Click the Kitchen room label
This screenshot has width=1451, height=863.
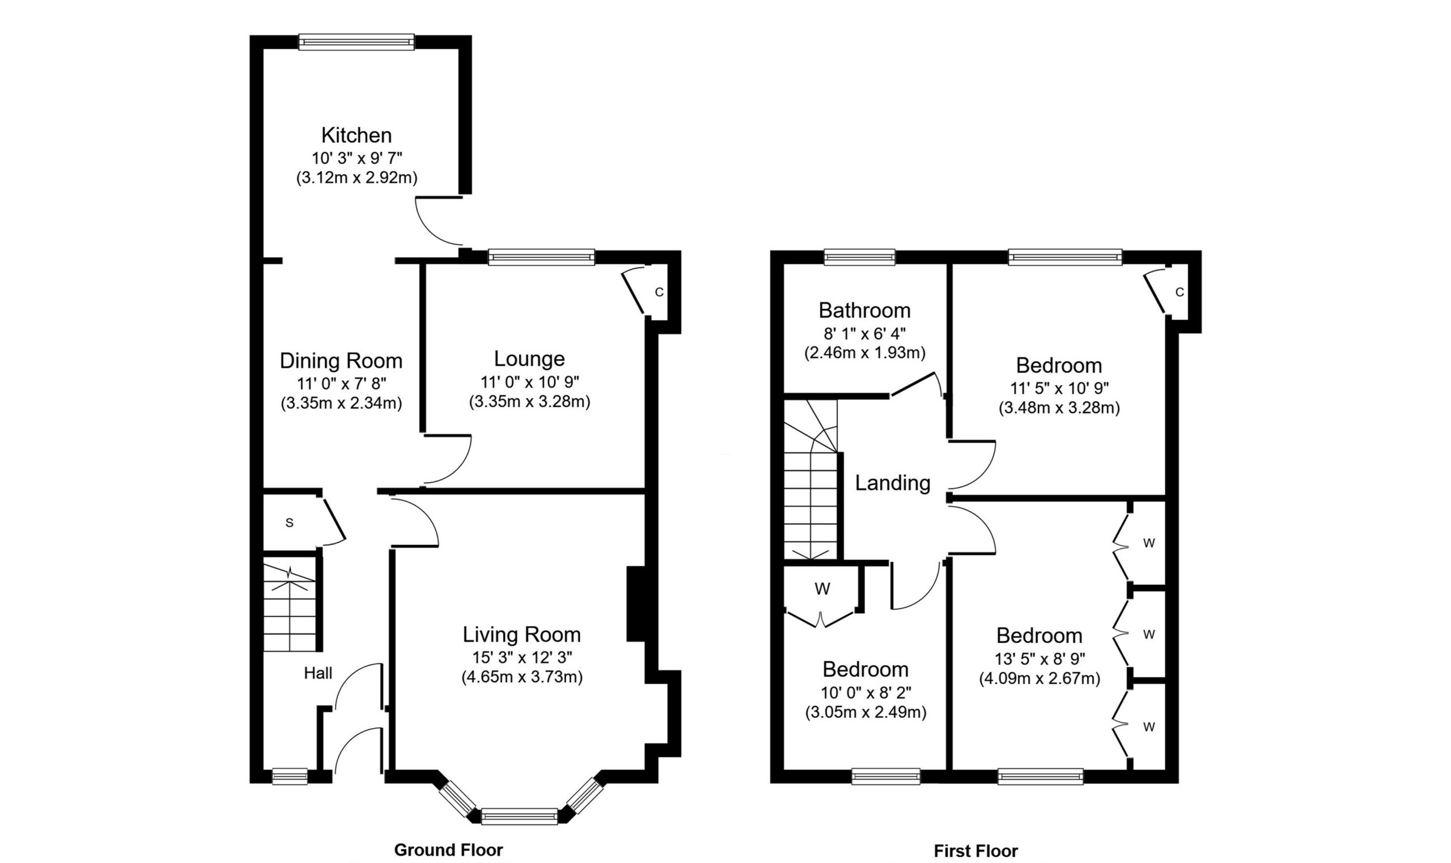pyautogui.click(x=357, y=135)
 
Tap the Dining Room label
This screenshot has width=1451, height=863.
pyautogui.click(x=341, y=360)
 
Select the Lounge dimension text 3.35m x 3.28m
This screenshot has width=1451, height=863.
pyautogui.click(x=529, y=402)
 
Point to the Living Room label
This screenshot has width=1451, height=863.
pyautogui.click(x=521, y=634)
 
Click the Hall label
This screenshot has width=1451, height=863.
pyautogui.click(x=318, y=673)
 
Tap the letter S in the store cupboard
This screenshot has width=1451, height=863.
pyautogui.click(x=290, y=524)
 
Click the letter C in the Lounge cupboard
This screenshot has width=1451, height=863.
pyautogui.click(x=659, y=292)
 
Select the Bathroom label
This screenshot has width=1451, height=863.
pyautogui.click(x=864, y=311)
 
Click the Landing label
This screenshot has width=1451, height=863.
pyautogui.click(x=892, y=483)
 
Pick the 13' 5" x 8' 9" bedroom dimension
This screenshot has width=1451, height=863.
pyautogui.click(x=1040, y=659)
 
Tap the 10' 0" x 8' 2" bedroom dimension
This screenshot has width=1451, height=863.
pyautogui.click(x=865, y=692)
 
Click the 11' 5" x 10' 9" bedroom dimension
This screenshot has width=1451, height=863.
pyautogui.click(x=1059, y=388)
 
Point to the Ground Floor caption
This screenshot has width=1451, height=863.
pyautogui.click(x=448, y=849)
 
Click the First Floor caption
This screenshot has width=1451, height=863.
pyautogui.click(x=976, y=851)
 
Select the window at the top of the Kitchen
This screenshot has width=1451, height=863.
pyautogui.click(x=357, y=42)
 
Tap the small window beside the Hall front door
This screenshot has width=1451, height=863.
pyautogui.click(x=290, y=776)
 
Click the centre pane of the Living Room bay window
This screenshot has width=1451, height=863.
pyautogui.click(x=519, y=817)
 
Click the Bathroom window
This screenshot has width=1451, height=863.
pyautogui.click(x=860, y=257)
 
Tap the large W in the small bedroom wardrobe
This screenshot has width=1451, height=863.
pyautogui.click(x=822, y=589)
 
